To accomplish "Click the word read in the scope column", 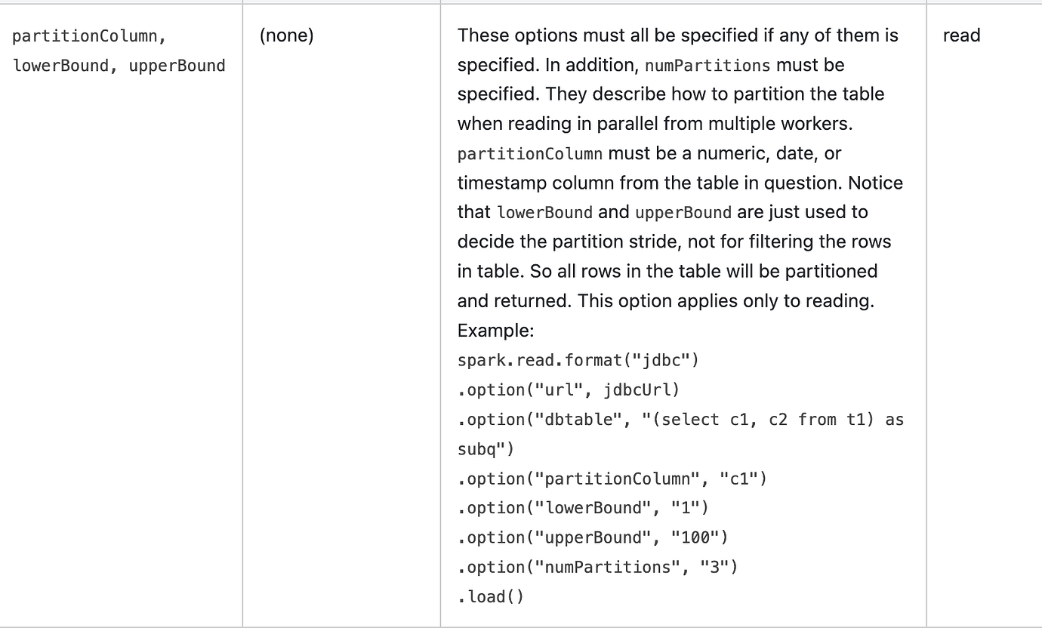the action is [x=961, y=35].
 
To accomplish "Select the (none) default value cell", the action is [x=287, y=35].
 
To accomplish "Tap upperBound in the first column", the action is [x=177, y=66].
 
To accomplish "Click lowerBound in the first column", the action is [x=60, y=66].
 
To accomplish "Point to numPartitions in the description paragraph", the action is [x=708, y=66].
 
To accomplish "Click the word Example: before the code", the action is [x=495, y=331].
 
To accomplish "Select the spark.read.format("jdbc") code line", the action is [x=578, y=361].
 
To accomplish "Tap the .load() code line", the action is [x=491, y=597].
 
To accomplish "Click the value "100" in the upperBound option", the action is [x=695, y=537].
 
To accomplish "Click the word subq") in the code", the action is [x=486, y=449].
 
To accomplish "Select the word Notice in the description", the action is [x=875, y=183].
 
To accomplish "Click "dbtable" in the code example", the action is [x=578, y=420].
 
